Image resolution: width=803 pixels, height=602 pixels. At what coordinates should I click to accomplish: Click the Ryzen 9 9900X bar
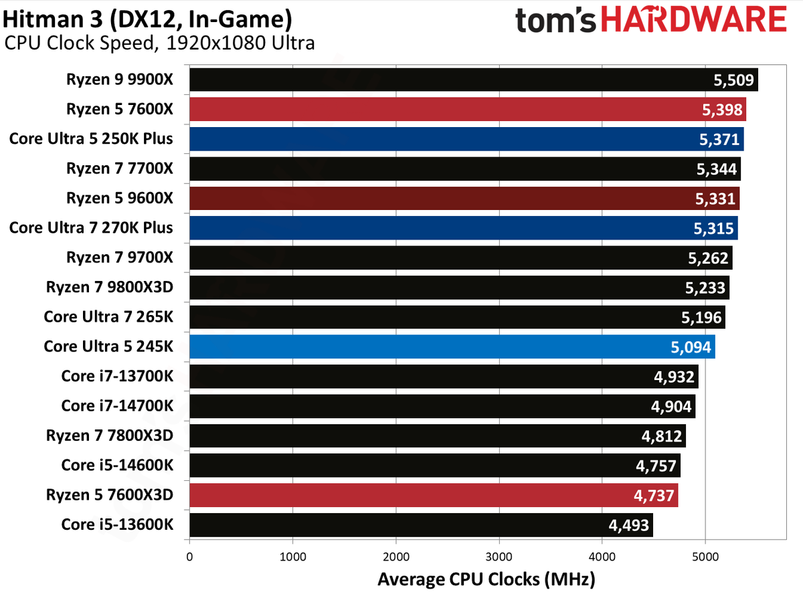tap(473, 80)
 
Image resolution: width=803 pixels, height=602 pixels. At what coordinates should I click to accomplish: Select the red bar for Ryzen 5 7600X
tap(468, 109)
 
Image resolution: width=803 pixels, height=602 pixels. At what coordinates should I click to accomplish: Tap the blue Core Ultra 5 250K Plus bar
tap(466, 139)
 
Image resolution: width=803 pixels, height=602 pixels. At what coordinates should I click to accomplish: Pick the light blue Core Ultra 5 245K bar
tap(452, 346)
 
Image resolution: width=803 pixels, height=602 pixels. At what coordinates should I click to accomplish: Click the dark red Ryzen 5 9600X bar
tap(464, 198)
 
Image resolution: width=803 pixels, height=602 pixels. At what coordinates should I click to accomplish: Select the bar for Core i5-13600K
tap(421, 525)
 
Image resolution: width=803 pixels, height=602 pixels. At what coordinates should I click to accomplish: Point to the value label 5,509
tap(733, 80)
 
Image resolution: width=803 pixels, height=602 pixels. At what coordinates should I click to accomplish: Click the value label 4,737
tap(654, 496)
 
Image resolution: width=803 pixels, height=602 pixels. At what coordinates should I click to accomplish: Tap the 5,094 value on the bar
tap(691, 347)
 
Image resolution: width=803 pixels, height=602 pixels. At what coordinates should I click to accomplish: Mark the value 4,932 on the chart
tap(674, 377)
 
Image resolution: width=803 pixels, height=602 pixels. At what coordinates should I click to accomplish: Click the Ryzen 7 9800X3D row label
tap(109, 287)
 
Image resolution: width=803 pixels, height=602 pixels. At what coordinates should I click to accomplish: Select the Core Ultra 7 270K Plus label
tap(91, 227)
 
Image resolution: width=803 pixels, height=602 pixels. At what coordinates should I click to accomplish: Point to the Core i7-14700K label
tap(117, 406)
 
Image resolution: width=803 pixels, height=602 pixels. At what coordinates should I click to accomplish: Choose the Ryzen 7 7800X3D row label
tap(109, 435)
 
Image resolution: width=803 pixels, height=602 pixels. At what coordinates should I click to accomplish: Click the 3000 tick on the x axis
tap(499, 557)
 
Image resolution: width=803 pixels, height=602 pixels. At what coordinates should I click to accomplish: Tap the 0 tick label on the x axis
tap(189, 557)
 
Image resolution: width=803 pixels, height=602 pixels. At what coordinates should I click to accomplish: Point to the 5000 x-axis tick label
tap(705, 557)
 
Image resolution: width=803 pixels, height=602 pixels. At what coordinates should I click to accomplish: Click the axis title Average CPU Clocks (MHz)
tap(486, 580)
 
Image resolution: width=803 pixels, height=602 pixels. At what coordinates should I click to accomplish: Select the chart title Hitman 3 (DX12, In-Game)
tap(147, 19)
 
